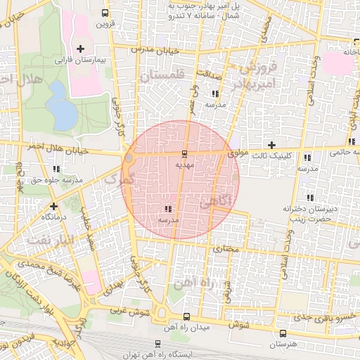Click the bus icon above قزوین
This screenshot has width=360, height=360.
pyautogui.click(x=105, y=13)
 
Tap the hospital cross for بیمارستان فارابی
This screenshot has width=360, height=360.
pyautogui.click(x=80, y=49)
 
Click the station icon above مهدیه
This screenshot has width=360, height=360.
pyautogui.click(x=184, y=153)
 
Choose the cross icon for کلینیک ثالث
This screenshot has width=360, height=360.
pyautogui.click(x=271, y=145)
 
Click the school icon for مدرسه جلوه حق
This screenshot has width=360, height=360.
pyautogui.click(x=56, y=169)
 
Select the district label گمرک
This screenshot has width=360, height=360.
pyautogui.click(x=117, y=179)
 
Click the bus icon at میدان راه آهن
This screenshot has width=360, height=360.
pyautogui.click(x=186, y=317)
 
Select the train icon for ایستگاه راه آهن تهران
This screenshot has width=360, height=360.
pyautogui.click(x=157, y=345)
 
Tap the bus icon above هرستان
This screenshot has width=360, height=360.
pyautogui.click(x=283, y=333)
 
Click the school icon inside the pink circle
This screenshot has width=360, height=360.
pyautogui.click(x=167, y=209)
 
